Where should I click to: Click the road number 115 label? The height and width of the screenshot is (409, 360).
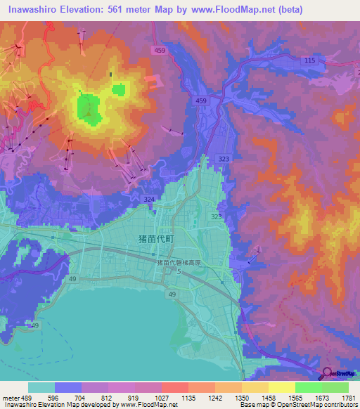coord(310,61)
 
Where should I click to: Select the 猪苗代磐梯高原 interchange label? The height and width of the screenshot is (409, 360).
coord(179,262)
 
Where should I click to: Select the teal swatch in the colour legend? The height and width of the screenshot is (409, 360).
coord(41,387)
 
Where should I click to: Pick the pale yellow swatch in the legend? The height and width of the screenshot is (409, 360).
coord(281,387)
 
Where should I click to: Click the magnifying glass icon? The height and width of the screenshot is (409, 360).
coord(328,372)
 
